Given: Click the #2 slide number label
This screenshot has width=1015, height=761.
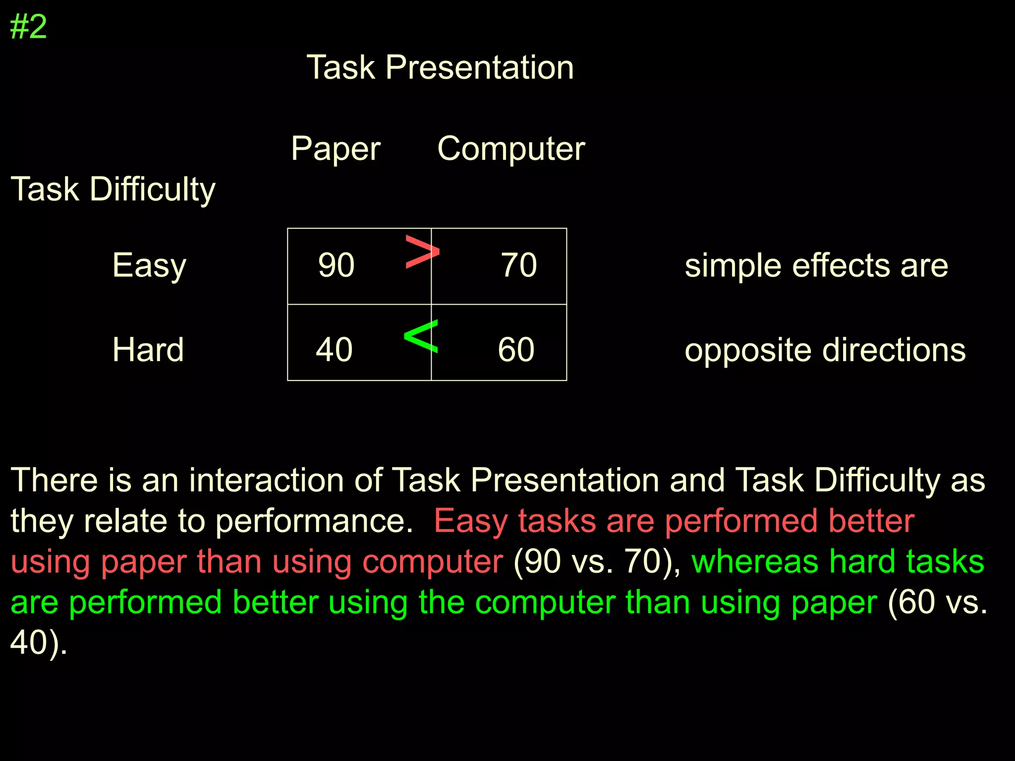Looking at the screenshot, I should point(28,27).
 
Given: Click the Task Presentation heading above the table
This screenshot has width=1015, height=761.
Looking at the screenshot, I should point(440,67).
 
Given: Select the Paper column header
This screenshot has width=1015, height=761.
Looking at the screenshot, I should point(336,149).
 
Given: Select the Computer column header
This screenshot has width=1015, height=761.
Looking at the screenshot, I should point(511,149).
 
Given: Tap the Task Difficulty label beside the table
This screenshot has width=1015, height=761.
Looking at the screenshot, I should point(113,189).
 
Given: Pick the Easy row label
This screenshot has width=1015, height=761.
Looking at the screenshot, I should point(149,266).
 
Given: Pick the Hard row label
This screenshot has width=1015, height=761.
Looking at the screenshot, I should point(148,350).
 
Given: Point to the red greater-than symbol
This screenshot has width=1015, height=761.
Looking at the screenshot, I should point(422,252).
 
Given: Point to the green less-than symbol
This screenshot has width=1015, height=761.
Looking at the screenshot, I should point(421,336).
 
